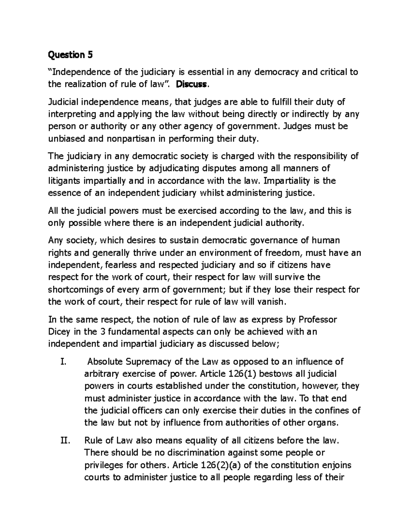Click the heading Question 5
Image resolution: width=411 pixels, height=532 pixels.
[71, 54]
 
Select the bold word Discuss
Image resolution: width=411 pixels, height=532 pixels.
[191, 84]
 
